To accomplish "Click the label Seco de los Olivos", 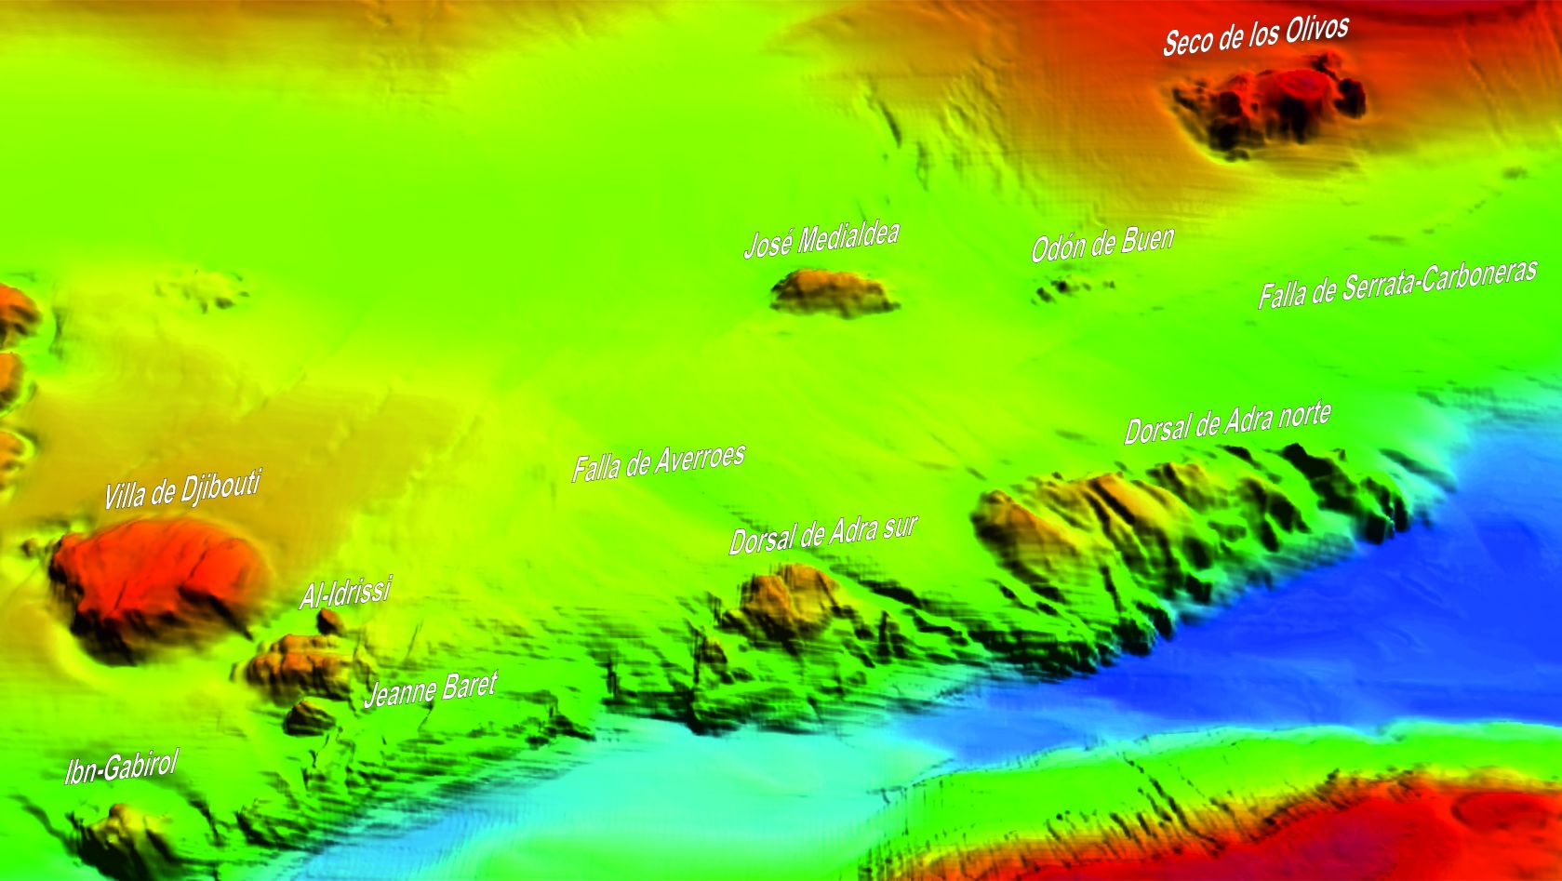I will [x=1255, y=35].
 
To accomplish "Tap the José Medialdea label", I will [x=821, y=238].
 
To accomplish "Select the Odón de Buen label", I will [x=1102, y=244].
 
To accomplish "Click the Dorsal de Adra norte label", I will [x=1227, y=423].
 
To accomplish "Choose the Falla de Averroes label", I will [x=658, y=461].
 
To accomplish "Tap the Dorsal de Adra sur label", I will [x=822, y=534].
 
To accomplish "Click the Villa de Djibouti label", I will [x=181, y=489].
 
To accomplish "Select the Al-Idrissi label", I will [x=345, y=593].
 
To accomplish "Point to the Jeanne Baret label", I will [x=430, y=689].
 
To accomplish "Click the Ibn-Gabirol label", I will [x=121, y=768].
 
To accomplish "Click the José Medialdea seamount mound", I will [x=833, y=290].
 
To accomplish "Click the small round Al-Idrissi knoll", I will [x=330, y=621].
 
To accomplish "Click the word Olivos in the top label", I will [x=1314, y=30].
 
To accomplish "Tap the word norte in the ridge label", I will [x=1303, y=415].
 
